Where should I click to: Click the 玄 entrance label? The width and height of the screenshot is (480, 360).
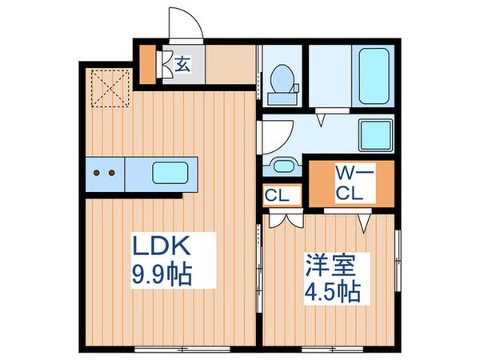pyautogui.click(x=182, y=65)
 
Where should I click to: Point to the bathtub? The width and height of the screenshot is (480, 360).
pyautogui.click(x=372, y=77)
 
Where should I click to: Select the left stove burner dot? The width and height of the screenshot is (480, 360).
pyautogui.click(x=97, y=171)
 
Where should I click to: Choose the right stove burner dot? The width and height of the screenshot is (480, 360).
pyautogui.click(x=113, y=171)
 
